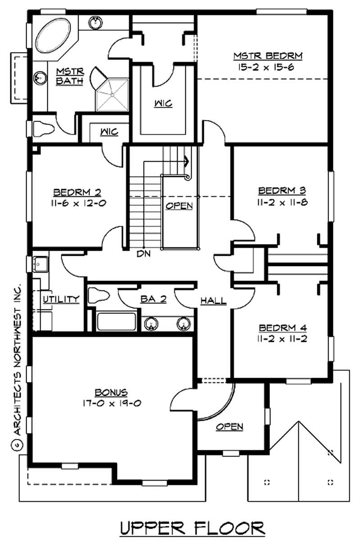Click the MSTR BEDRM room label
click(x=267, y=56)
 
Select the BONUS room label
click(x=111, y=392)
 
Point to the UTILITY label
click(x=62, y=299)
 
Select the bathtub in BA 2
click(x=117, y=321)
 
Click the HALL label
click(x=213, y=301)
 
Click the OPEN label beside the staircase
click(x=179, y=206)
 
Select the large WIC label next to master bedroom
click(x=162, y=104)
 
